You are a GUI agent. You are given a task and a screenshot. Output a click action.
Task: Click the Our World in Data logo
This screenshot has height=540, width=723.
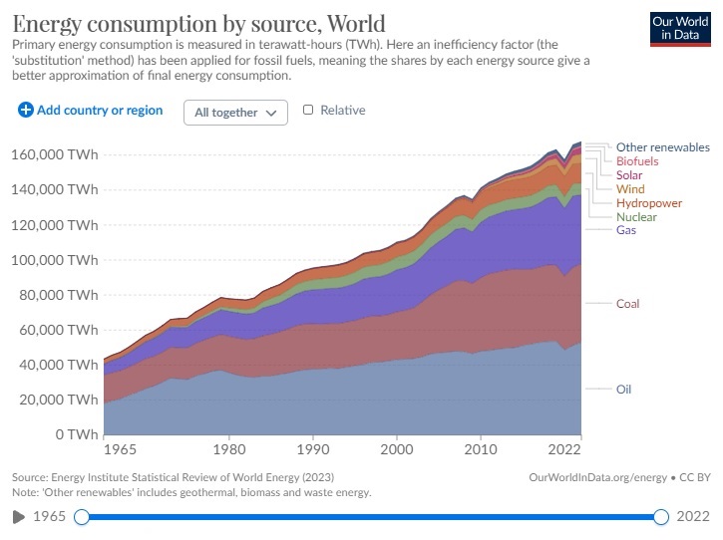coord(680,29)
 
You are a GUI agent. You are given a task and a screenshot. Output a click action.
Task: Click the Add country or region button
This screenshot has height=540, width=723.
coord(90,111)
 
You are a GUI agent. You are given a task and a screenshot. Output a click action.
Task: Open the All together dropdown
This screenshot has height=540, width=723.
coord(235,113)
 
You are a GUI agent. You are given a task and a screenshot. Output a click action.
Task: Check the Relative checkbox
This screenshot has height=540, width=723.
coord(308,111)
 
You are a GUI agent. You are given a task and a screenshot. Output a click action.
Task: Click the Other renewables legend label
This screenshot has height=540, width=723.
coord(662,147)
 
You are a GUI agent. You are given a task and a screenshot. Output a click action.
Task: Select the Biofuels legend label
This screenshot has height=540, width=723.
coord(636,161)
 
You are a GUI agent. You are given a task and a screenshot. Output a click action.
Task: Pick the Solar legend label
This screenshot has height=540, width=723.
coord(629,175)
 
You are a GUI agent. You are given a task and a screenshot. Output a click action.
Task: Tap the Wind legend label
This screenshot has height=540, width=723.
coord(629,189)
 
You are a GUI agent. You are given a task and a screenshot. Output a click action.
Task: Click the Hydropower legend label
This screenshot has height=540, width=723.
coord(648,203)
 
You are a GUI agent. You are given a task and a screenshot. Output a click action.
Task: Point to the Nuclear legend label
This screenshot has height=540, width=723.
coord(635,217)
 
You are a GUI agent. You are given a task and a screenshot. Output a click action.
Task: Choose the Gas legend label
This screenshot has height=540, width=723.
coord(625,231)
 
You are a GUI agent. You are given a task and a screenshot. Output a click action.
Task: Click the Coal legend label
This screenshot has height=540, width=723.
coord(627,304)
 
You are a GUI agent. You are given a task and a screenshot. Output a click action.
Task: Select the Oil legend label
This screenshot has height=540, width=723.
coord(623,390)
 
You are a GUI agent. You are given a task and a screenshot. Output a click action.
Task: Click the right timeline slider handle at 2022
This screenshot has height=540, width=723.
coord(660,517)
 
